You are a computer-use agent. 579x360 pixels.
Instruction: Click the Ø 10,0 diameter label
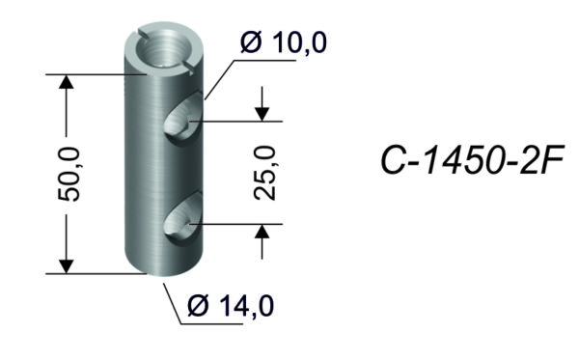[x=283, y=42]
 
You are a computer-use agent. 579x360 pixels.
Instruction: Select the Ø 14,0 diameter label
[x=231, y=306]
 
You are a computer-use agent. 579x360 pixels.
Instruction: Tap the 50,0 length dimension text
[x=69, y=174]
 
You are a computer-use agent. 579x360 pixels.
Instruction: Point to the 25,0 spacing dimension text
[x=265, y=173]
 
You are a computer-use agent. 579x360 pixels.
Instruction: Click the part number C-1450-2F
[x=472, y=160]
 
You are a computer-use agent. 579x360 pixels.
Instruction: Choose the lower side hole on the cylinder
[x=183, y=218]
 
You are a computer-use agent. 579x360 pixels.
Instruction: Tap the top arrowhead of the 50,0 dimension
[x=67, y=82]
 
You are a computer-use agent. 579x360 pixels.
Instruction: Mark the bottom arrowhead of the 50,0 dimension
[x=67, y=266]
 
